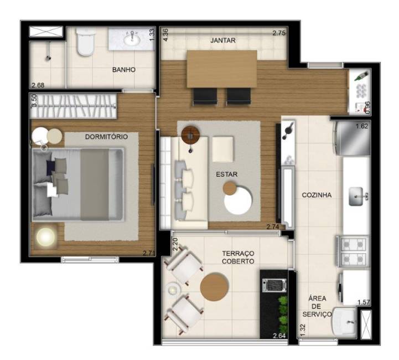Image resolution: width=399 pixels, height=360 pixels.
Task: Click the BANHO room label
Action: click(124, 69)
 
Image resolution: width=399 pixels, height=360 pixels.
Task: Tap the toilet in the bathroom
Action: click(86, 41)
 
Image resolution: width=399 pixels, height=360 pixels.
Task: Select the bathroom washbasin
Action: click(132, 39)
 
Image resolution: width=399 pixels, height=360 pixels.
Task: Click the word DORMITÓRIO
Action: click(106, 137)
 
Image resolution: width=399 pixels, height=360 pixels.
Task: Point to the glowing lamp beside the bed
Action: click(46, 237)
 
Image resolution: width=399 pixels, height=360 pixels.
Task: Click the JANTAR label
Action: click(223, 40)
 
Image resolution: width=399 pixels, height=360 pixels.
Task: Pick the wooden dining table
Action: click(222, 69)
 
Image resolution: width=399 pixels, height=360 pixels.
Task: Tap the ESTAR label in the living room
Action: click(227, 174)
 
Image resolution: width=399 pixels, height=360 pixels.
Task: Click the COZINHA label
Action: click(317, 195)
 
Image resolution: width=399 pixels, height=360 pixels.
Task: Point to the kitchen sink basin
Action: click(356, 196)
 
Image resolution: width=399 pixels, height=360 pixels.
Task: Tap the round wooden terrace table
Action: click(215, 287)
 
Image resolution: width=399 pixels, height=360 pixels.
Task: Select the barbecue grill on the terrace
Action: click(274, 285)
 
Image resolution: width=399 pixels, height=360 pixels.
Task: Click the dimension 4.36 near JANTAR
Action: click(165, 35)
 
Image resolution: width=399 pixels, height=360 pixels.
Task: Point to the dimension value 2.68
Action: click(38, 85)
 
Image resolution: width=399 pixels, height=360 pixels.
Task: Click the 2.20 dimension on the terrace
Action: click(175, 244)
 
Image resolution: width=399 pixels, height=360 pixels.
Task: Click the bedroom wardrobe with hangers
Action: click(73, 106)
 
